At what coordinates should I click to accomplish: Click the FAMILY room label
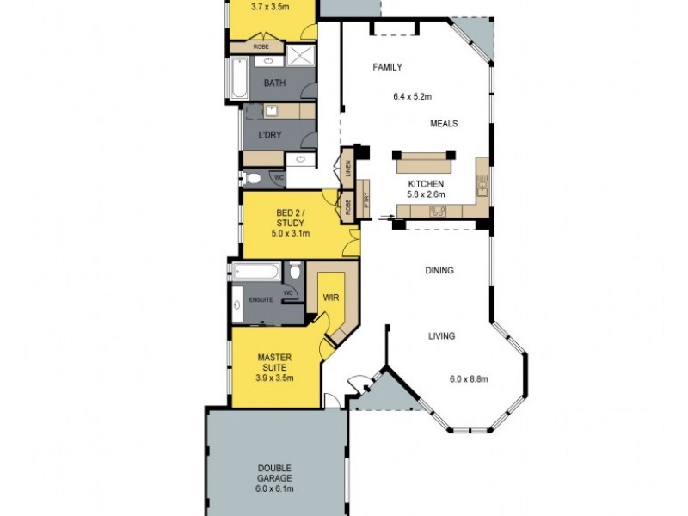387,67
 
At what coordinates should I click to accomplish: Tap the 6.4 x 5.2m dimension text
411,97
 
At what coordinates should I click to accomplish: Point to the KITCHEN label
426,184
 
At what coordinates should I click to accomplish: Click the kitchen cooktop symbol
436,212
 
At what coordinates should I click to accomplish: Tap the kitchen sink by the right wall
482,184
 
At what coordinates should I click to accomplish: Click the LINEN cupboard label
347,169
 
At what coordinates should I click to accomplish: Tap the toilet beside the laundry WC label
252,179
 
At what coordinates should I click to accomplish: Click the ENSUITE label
261,300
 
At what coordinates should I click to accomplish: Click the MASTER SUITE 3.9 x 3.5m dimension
276,377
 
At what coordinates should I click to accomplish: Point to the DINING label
439,271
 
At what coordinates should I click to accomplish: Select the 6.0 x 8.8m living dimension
469,378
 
